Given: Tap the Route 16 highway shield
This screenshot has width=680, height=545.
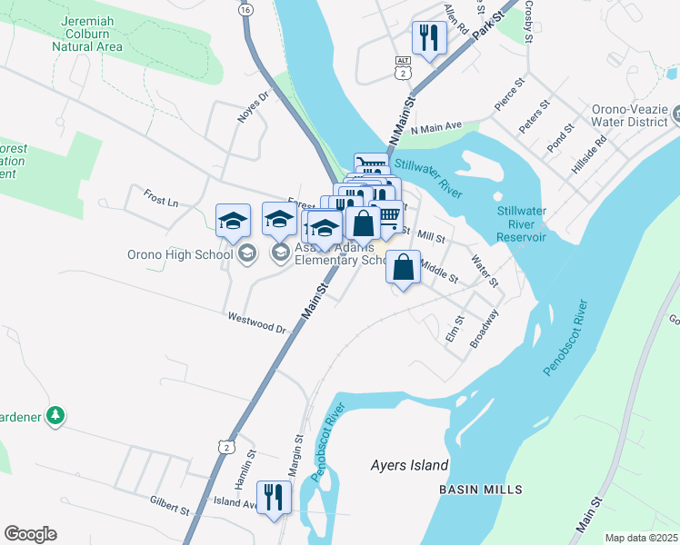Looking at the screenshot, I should click(x=245, y=9).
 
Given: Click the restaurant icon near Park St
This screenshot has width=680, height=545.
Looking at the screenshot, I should click(x=427, y=38).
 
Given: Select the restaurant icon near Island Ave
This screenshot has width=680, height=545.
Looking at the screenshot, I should click(x=272, y=497).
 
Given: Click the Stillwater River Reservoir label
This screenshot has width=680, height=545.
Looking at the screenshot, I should click(x=522, y=223).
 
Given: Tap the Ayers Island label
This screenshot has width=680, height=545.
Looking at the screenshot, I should click(x=409, y=466).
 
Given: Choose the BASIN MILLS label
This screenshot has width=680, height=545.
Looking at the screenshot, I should click(x=480, y=490).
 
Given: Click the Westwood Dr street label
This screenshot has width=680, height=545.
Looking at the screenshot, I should click(x=256, y=322).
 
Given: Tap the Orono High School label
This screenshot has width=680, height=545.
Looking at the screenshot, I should click(x=180, y=254).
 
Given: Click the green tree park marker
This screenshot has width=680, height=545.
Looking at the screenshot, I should click(x=56, y=416).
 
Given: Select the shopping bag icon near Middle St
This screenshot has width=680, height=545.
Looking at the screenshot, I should click(x=404, y=267).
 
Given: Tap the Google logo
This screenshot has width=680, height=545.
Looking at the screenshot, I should click(x=30, y=534).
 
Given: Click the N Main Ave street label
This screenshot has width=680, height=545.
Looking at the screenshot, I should click(x=437, y=126).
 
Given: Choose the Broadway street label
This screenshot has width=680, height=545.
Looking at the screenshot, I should click(x=485, y=330).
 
